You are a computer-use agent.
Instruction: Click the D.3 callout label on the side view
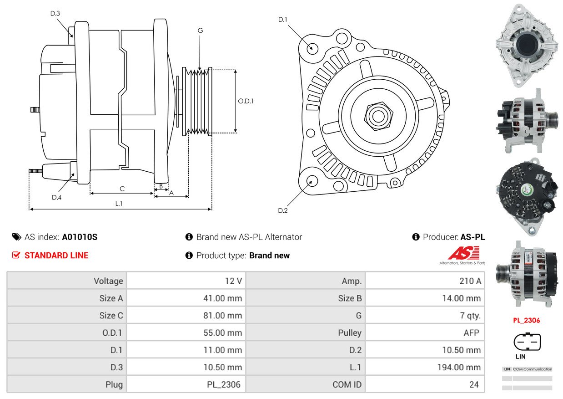(x=55, y=14)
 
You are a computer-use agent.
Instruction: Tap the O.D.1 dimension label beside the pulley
(x=246, y=101)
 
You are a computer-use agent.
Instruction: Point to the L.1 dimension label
(x=119, y=204)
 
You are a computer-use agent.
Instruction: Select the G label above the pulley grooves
(x=200, y=31)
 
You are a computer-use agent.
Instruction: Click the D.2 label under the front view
(x=283, y=210)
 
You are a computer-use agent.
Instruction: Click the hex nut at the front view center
(x=377, y=115)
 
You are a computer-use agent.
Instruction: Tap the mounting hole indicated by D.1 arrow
(x=312, y=48)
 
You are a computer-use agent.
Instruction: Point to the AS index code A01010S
(x=80, y=237)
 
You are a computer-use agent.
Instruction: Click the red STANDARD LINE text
(x=56, y=256)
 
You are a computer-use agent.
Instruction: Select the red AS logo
(x=463, y=253)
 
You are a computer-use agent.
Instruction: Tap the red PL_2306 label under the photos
(x=526, y=320)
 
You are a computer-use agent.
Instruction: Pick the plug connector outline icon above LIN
(x=527, y=342)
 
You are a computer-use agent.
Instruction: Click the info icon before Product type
(x=189, y=256)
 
